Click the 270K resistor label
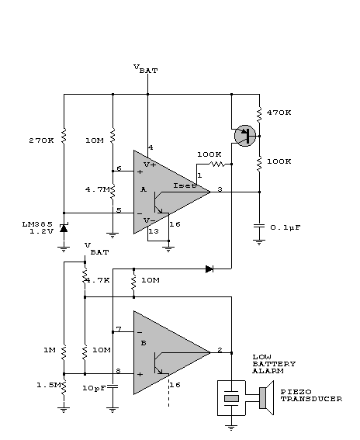[x=41, y=140]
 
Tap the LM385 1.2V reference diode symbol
[x=64, y=228]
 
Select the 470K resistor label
[x=279, y=113]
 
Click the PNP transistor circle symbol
[x=245, y=136]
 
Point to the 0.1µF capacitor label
[x=286, y=227]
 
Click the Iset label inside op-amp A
[x=185, y=185]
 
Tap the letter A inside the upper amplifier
[x=144, y=189]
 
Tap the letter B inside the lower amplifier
[x=144, y=343]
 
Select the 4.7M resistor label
[x=98, y=189]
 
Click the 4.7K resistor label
[x=97, y=280]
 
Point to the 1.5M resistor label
[x=49, y=385]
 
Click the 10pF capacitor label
[x=95, y=388]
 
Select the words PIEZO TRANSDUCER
[x=311, y=396]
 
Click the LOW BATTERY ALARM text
[x=274, y=364]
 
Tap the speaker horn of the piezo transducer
[x=267, y=397]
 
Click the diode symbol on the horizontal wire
[x=209, y=269]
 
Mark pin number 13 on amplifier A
[x=154, y=231]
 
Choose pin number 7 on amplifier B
[x=119, y=329]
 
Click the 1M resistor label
[x=50, y=350]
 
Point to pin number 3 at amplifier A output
[x=220, y=189]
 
